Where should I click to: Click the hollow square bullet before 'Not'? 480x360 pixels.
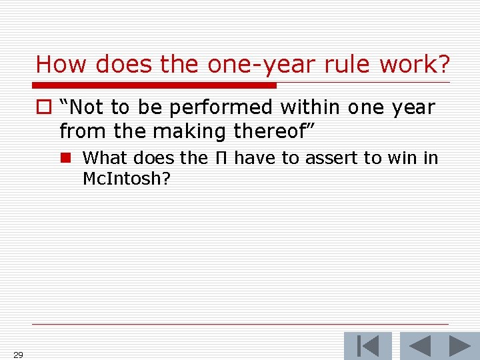[x=43, y=107]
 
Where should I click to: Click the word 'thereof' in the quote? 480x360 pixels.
[x=268, y=131]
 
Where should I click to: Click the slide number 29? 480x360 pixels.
[x=18, y=355]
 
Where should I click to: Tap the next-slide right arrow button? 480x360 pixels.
[x=459, y=346]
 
